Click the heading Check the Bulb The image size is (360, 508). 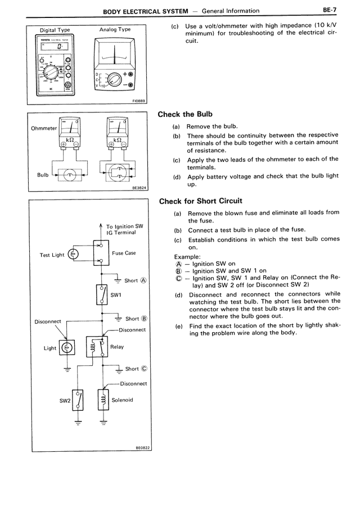186,115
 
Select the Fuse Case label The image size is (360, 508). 124,253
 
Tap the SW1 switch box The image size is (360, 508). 102,294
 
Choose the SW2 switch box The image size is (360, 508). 79,401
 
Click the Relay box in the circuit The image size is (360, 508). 97,347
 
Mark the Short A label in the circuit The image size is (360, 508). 135,280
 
